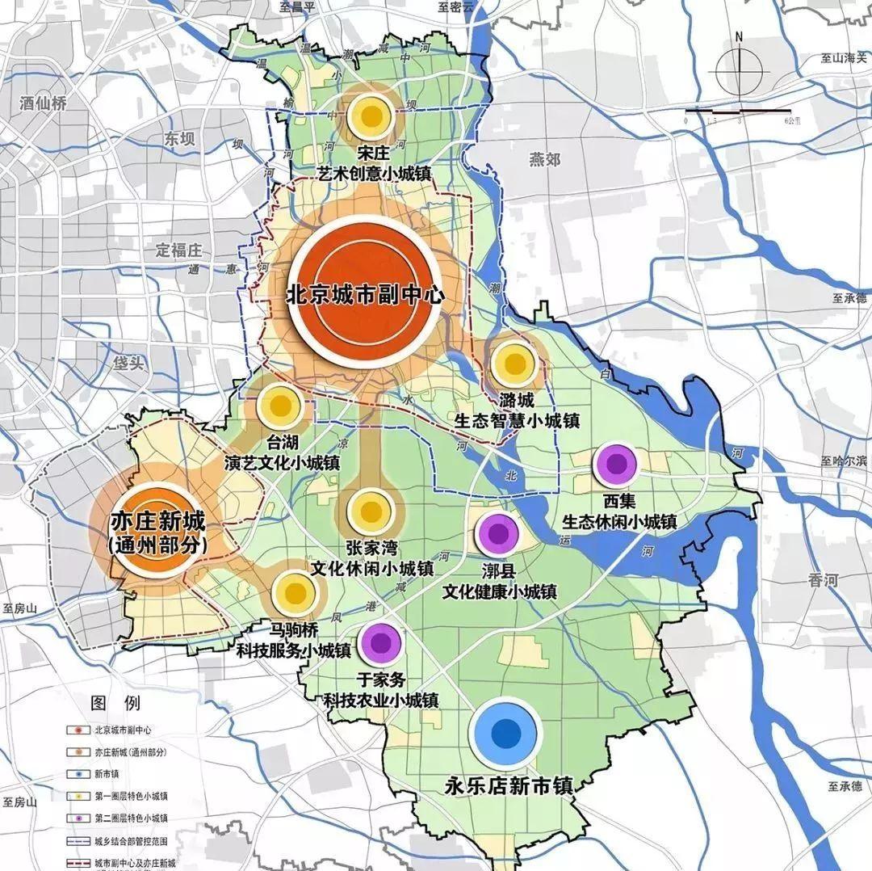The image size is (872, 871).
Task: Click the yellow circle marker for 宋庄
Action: point(371,116)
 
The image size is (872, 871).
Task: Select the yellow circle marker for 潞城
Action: point(514,364)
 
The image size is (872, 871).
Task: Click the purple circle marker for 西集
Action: point(616,465)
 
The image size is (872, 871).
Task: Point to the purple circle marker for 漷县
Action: point(497,533)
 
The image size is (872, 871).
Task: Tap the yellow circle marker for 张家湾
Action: point(369,511)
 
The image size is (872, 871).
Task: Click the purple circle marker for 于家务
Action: point(381,643)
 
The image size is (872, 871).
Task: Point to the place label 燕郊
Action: point(544,159)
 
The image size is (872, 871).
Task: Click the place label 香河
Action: point(825,580)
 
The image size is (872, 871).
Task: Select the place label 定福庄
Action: point(182,249)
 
